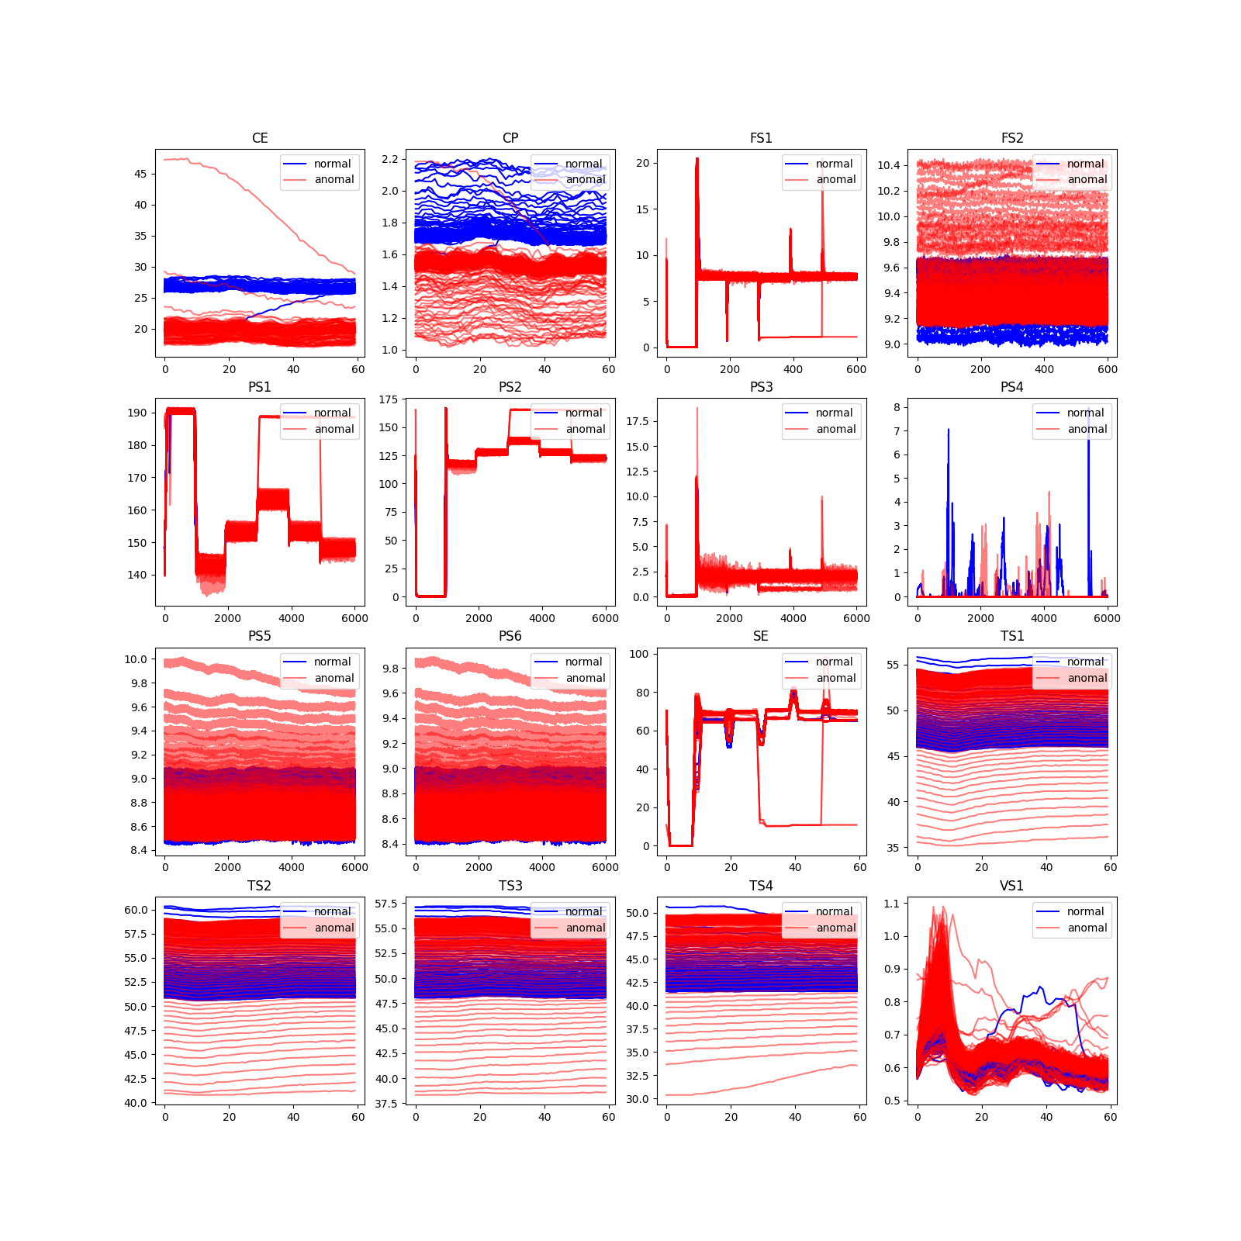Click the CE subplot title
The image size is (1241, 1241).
coord(260,138)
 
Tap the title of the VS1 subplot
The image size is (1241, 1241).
coord(1011,886)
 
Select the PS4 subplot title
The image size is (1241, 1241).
coord(1011,387)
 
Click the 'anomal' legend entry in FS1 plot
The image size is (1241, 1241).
coord(835,179)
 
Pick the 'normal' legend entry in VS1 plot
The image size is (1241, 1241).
coord(1084,911)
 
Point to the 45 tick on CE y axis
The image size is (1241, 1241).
coord(140,174)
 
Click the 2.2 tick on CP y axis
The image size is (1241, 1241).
coord(389,159)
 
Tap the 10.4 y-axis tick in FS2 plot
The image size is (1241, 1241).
coord(889,165)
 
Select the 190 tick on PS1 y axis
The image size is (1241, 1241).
coord(137,413)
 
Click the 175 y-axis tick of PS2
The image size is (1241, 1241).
coord(389,399)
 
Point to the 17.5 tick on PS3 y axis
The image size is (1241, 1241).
coord(637,421)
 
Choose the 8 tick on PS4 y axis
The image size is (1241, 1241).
coord(897,407)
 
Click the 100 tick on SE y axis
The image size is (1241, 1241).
coord(639,654)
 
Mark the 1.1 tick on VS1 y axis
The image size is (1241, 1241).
coord(891,904)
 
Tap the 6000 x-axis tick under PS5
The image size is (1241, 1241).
coord(354,867)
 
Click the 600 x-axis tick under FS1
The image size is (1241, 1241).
coord(856,369)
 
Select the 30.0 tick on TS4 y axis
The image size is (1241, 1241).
coord(637,1099)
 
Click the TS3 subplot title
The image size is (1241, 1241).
coord(510,886)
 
